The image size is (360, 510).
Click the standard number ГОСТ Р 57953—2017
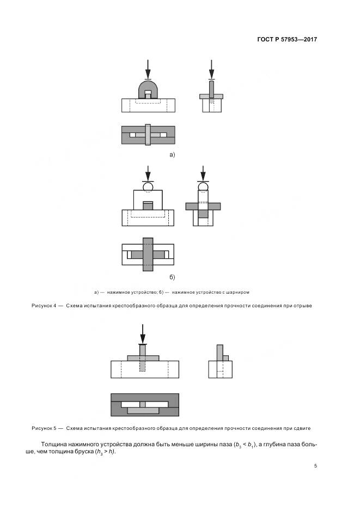pyautogui.click(x=286, y=40)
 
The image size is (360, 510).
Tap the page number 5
pyautogui.click(x=315, y=466)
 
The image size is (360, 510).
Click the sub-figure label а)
pyautogui.click(x=172, y=155)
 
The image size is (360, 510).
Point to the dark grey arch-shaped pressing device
pyautogui.click(x=148, y=88)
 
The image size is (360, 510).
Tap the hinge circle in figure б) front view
pyautogui.click(x=148, y=186)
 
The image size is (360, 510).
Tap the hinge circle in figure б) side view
pyautogui.click(x=203, y=187)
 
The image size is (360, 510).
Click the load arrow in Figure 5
pyautogui.click(x=143, y=333)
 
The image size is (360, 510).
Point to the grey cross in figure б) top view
pyautogui.click(x=148, y=254)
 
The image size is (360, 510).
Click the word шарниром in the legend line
pyautogui.click(x=237, y=292)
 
